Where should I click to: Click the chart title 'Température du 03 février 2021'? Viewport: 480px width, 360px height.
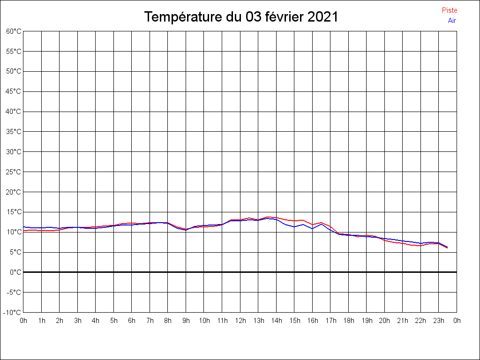241,17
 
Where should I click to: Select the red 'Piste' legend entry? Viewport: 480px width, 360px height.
450,10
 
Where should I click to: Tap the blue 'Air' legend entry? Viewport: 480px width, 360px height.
452,20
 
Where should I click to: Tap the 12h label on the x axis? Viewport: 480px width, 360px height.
240,321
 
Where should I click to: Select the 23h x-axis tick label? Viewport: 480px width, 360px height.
439,321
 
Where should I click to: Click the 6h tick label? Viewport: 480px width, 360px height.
132,321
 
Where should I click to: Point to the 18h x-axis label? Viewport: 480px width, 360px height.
349,321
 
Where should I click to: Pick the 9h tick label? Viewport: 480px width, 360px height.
186,321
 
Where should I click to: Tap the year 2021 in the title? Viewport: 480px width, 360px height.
323,17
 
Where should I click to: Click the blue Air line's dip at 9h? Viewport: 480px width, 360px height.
186,230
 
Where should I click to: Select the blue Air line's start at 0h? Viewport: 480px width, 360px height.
23,227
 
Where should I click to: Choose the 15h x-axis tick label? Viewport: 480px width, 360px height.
294,321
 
